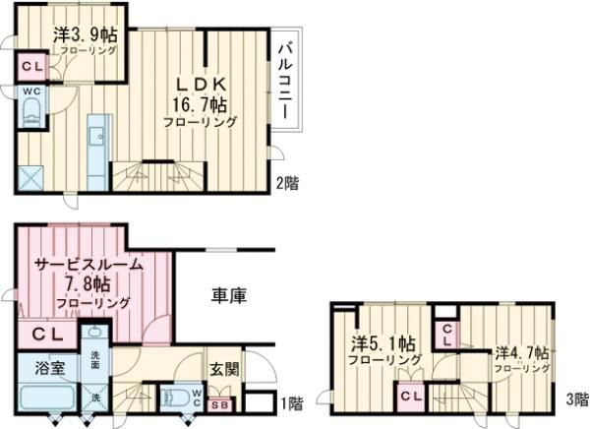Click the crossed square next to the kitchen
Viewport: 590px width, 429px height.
point(32,177)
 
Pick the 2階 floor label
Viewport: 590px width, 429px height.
point(286,183)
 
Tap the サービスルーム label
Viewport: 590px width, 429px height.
point(88,266)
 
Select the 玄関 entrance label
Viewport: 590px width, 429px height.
point(221,370)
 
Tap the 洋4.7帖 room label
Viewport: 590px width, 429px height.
point(521,351)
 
